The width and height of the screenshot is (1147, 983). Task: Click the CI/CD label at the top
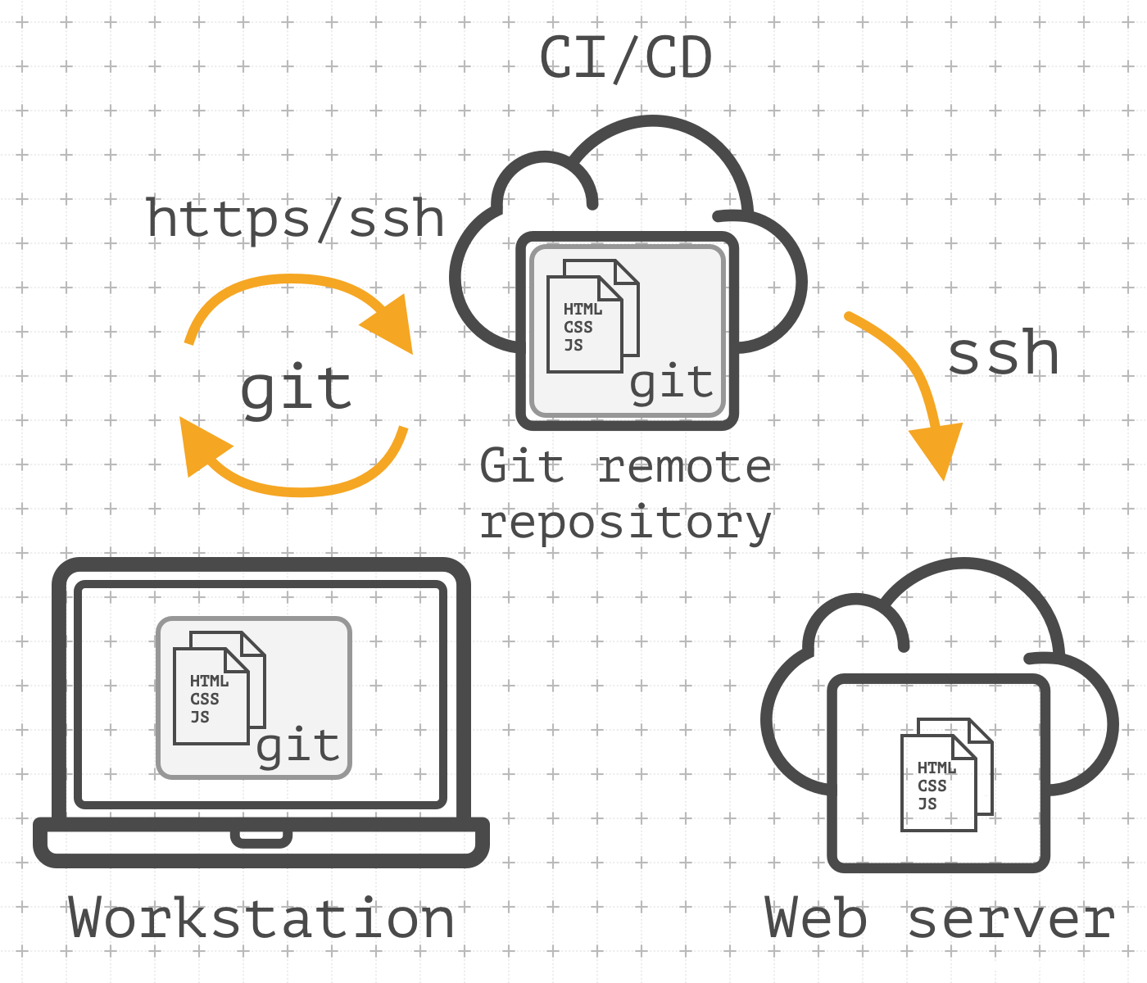pyautogui.click(x=626, y=59)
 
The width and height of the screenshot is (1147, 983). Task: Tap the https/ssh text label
pyautogui.click(x=295, y=219)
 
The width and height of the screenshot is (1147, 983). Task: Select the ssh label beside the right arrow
pyautogui.click(x=1003, y=354)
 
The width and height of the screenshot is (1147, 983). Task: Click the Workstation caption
pyautogui.click(x=261, y=918)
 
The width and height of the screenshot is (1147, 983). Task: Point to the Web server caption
pyautogui.click(x=940, y=918)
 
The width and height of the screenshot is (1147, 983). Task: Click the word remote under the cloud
pyautogui.click(x=684, y=467)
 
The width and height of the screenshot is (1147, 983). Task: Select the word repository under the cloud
pyautogui.click(x=626, y=522)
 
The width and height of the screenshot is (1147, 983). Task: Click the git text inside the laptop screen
pyautogui.click(x=298, y=746)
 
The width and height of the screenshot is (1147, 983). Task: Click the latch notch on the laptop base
pyautogui.click(x=261, y=838)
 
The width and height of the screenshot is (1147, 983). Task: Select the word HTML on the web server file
pyautogui.click(x=936, y=768)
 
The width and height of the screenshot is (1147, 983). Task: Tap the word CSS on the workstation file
pyautogui.click(x=205, y=699)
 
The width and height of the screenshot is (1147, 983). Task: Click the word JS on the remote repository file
pyautogui.click(x=573, y=345)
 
